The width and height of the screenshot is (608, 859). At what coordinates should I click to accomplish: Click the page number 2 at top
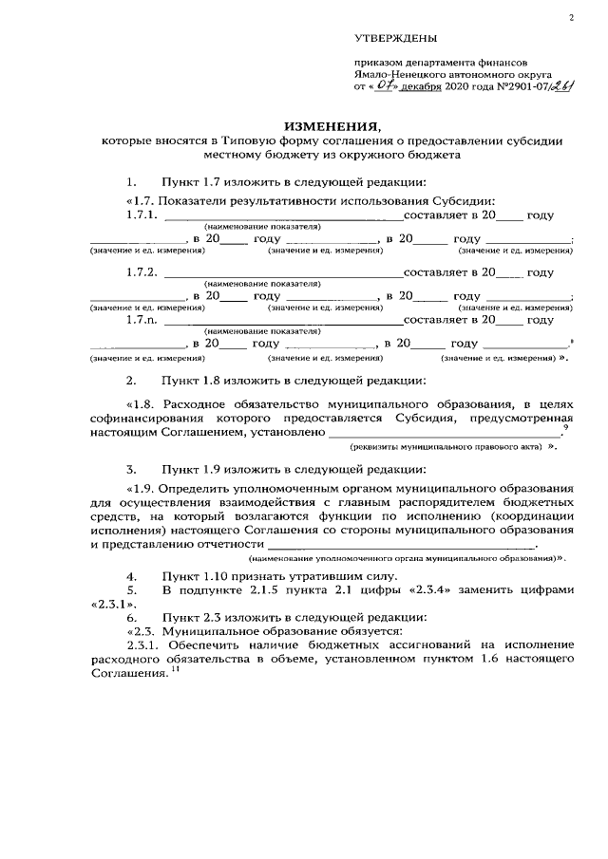(572, 17)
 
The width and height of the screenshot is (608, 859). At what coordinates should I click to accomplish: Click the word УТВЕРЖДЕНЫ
(395, 38)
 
